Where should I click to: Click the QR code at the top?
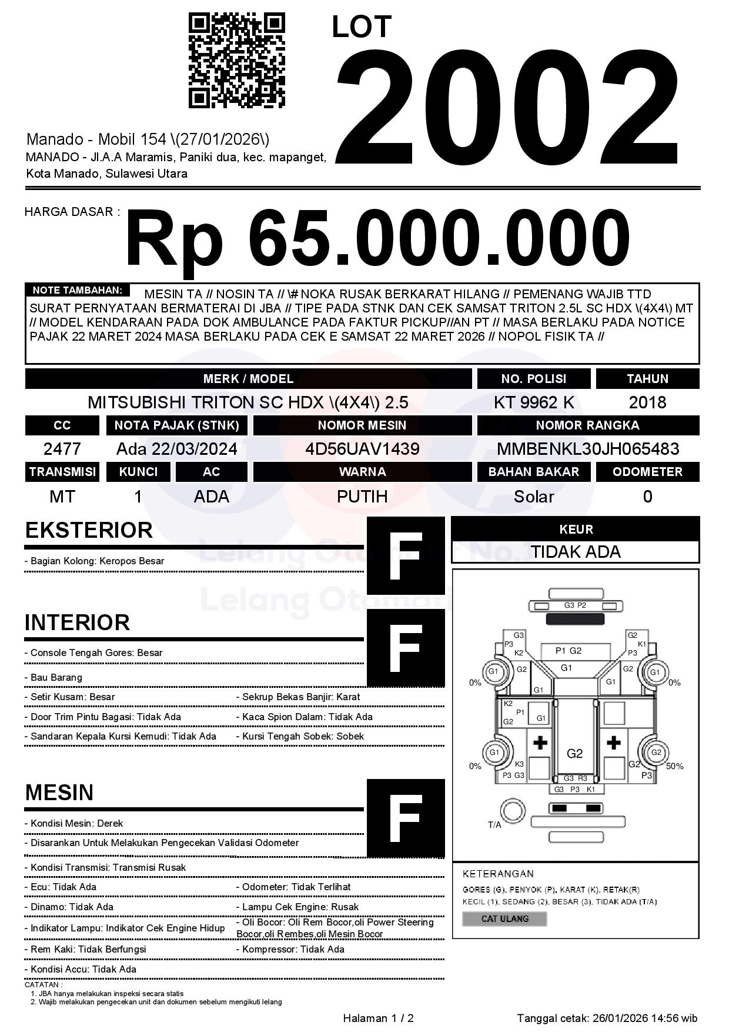[236, 61]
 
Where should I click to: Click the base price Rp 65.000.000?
[377, 240]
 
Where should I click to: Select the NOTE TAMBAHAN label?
[77, 290]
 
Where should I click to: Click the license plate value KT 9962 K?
[534, 402]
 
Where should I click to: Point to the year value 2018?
[647, 402]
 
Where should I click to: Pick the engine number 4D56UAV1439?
[362, 449]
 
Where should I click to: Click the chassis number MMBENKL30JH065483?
[588, 449]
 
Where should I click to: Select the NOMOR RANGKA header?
[588, 425]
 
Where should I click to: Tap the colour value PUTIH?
[362, 497]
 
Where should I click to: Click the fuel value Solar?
[534, 497]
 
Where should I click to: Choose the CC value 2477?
[62, 449]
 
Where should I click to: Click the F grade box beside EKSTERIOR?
[406, 555]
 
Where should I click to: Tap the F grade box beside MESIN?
[406, 818]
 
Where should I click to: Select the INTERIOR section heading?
[77, 622]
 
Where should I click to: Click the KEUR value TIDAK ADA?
[576, 552]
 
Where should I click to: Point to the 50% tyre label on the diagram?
[675, 766]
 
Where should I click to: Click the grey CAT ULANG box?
[504, 918]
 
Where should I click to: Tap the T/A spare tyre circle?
[512, 811]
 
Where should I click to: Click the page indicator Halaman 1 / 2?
[378, 1018]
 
